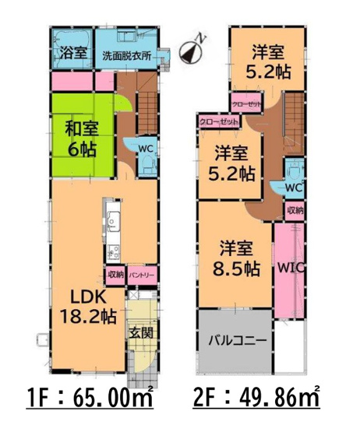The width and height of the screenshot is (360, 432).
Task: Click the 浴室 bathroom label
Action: tap(72, 54)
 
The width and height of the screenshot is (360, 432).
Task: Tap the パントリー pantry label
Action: tap(142, 275)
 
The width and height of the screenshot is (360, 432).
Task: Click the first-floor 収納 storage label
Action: tap(115, 275)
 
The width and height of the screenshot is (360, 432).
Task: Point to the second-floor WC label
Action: tap(293, 188)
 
